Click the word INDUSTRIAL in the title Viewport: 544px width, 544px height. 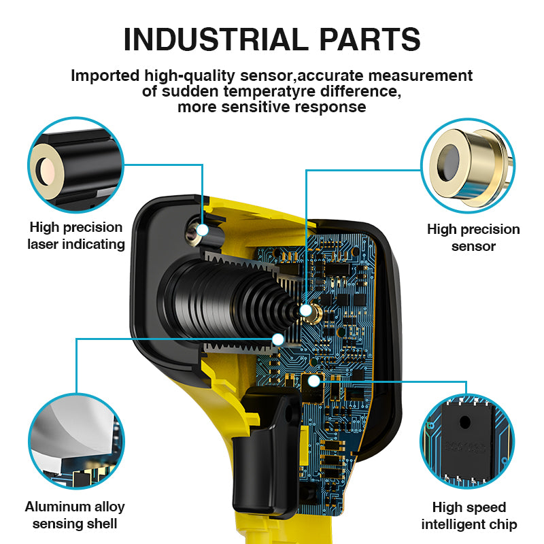click(x=216, y=39)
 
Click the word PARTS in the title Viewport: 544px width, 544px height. click(x=369, y=39)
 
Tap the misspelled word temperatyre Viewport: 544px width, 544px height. click(x=269, y=91)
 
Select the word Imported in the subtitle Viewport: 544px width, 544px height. click(x=105, y=75)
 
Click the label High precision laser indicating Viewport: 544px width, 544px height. click(x=76, y=235)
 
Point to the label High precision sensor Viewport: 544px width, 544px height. click(x=473, y=237)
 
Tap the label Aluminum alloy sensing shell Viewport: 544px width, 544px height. click(x=75, y=515)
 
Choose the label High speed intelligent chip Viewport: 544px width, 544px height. click(x=469, y=515)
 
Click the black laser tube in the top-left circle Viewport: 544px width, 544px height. click(x=76, y=167)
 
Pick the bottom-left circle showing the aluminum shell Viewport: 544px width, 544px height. click(x=76, y=441)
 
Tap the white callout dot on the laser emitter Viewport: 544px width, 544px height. click(x=202, y=230)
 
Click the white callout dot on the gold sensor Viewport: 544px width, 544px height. click(x=305, y=310)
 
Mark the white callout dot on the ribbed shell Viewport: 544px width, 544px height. click(x=278, y=339)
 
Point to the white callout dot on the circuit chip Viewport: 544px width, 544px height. click(x=313, y=381)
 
